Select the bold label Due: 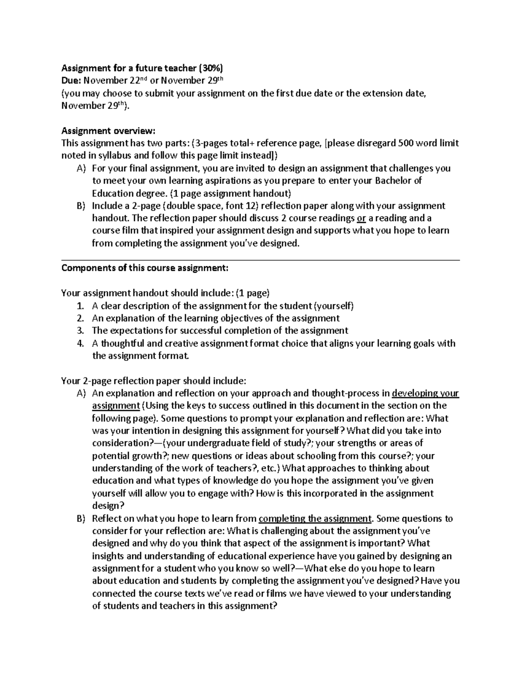coord(71,81)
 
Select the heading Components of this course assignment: coord(144,268)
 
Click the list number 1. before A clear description coord(80,306)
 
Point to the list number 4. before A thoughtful coord(80,343)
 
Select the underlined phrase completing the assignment coord(315,518)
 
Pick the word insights coord(110,556)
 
